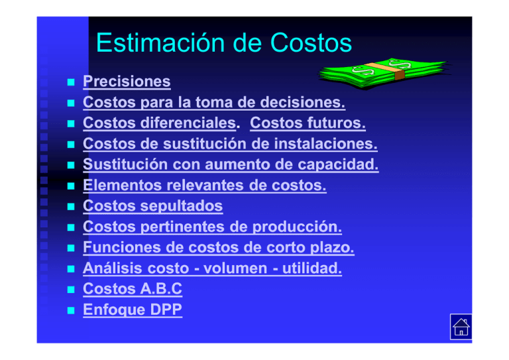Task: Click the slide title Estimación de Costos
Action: pyautogui.click(x=223, y=44)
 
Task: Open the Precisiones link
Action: pyautogui.click(x=127, y=82)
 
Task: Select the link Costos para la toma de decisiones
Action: pyautogui.click(x=213, y=103)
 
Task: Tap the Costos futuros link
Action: pyautogui.click(x=308, y=123)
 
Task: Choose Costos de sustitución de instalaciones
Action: pyautogui.click(x=230, y=144)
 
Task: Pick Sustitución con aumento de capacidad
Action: pyautogui.click(x=231, y=164)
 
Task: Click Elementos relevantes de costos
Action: pyautogui.click(x=204, y=186)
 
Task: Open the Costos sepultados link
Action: pyautogui.click(x=152, y=206)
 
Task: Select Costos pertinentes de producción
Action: pyautogui.click(x=212, y=227)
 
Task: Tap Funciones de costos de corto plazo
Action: pyautogui.click(x=219, y=248)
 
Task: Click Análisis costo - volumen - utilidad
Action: pyautogui.click(x=212, y=269)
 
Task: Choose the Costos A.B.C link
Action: pyautogui.click(x=132, y=289)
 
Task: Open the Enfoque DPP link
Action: pyautogui.click(x=132, y=310)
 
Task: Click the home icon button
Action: pyautogui.click(x=461, y=327)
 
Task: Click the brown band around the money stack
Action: pyautogui.click(x=397, y=72)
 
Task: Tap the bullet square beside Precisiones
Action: pyautogui.click(x=70, y=83)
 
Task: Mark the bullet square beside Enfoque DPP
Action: pyautogui.click(x=70, y=311)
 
